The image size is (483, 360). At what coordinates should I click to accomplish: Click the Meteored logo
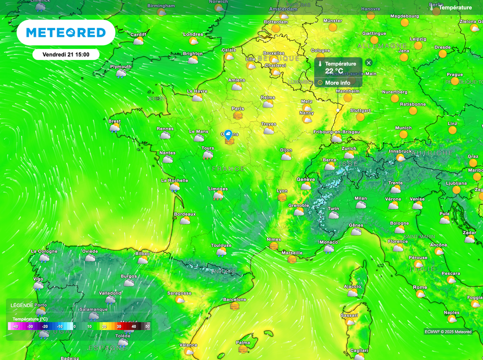[66, 33]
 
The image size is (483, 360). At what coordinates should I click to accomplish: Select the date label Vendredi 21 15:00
[66, 54]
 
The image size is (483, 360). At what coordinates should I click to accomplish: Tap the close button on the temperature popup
[369, 63]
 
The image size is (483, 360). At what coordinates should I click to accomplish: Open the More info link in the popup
[337, 83]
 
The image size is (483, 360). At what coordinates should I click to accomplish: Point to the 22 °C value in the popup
[334, 71]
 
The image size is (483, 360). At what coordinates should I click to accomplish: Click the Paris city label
[238, 109]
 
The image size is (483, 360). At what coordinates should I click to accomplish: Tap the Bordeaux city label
[184, 214]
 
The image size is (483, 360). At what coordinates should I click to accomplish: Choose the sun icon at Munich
[403, 134]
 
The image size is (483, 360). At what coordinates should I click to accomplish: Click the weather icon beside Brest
[114, 128]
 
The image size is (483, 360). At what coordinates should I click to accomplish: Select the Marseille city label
[291, 253]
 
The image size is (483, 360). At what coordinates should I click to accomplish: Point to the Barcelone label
[234, 300]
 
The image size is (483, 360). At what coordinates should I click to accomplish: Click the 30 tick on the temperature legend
[119, 326]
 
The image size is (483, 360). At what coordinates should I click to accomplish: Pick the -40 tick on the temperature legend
[15, 326]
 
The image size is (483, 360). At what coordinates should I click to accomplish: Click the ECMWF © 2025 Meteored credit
[448, 332]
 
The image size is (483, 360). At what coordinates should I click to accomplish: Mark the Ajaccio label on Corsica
[352, 286]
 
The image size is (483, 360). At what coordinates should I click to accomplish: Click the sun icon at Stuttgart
[360, 117]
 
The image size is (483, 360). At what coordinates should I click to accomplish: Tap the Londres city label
[193, 34]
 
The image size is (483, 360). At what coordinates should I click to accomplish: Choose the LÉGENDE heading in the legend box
[22, 305]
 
